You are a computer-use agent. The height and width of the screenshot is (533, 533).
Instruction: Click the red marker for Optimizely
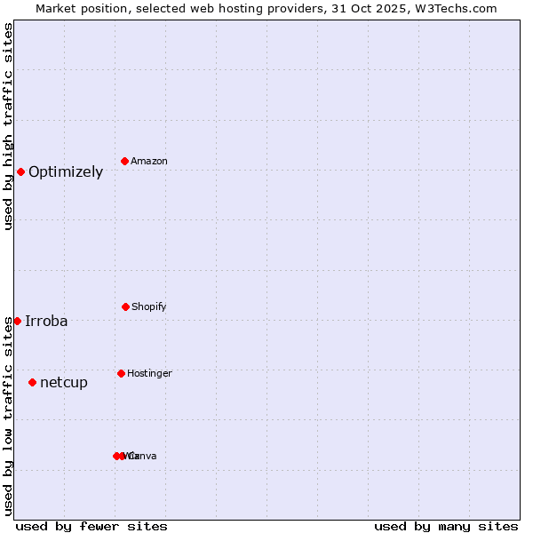(20, 171)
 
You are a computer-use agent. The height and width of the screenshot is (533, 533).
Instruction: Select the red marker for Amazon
(125, 161)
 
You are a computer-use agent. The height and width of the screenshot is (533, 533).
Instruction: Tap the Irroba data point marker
(17, 321)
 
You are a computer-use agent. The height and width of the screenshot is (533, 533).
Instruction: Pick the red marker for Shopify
(125, 306)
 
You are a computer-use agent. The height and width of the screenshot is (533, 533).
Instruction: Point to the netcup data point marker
(32, 382)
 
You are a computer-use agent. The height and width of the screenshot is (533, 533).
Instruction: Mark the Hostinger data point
(121, 373)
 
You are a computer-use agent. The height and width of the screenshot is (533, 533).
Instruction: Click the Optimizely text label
(66, 172)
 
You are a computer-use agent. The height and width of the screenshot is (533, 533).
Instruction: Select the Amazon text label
(149, 162)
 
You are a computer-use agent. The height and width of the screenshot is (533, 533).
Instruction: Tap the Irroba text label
(46, 322)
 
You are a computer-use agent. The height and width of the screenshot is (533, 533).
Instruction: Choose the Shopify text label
(149, 307)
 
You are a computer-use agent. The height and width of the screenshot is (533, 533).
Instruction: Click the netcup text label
(64, 383)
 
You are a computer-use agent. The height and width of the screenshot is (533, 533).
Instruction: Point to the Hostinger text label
(149, 374)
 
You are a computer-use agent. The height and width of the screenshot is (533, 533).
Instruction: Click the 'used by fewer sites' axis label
(91, 526)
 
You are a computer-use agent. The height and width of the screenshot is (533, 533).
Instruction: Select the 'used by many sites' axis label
(446, 526)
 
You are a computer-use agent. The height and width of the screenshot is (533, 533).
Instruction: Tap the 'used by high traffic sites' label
(8, 126)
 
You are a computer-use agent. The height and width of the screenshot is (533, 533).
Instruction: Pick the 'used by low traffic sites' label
(8, 416)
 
